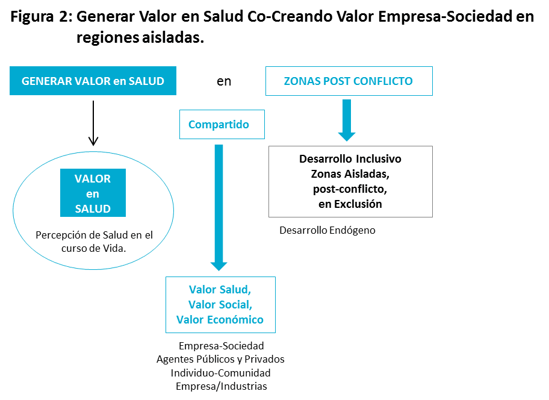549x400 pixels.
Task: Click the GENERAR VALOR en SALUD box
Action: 93,81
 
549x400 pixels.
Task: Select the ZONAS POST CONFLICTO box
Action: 349,81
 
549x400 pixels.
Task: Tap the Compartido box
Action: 222,125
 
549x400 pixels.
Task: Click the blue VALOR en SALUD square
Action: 93,193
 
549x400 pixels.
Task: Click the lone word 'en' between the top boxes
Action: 224,81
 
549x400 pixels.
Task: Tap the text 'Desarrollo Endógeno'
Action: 327,230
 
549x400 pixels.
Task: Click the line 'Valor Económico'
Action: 220,319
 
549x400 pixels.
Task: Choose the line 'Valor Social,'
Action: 220,304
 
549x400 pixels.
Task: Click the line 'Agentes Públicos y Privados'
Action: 220,359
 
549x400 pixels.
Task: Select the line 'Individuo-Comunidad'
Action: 220,373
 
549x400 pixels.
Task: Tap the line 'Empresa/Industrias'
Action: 222,386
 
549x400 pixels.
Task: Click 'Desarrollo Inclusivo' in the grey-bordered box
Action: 350,160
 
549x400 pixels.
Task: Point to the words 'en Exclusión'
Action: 350,204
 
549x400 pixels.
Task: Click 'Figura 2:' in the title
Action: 40,17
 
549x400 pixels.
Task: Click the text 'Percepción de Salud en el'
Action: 95,235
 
